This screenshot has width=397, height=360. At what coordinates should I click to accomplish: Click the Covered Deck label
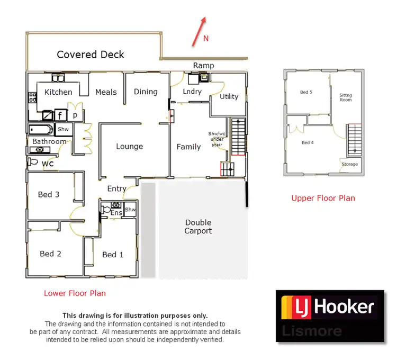(x=91, y=55)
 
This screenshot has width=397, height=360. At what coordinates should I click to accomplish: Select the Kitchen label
(x=58, y=92)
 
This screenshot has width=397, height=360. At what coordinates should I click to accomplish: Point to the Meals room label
(x=106, y=92)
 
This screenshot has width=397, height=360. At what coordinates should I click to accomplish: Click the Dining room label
(x=146, y=92)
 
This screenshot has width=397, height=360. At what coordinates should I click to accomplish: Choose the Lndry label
(x=192, y=92)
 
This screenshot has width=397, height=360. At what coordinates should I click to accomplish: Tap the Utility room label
(x=229, y=96)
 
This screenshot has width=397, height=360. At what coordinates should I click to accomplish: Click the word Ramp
(x=203, y=66)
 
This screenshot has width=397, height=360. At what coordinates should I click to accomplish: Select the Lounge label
(x=129, y=147)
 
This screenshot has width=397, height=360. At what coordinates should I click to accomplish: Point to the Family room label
(x=188, y=147)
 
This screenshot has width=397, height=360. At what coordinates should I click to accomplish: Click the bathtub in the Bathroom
(x=41, y=129)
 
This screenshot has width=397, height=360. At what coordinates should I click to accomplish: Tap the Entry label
(x=116, y=188)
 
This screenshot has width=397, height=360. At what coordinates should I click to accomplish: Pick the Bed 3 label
(x=49, y=194)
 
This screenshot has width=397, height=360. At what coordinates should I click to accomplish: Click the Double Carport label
(x=198, y=227)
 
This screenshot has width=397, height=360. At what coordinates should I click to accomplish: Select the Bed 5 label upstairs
(x=306, y=92)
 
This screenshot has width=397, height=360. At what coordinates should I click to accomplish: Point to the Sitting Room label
(x=346, y=97)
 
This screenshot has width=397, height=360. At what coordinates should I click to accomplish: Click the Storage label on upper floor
(x=349, y=164)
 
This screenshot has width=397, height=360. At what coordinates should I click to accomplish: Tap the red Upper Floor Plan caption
(x=323, y=198)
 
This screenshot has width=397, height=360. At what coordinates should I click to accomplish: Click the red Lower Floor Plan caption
(x=75, y=293)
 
